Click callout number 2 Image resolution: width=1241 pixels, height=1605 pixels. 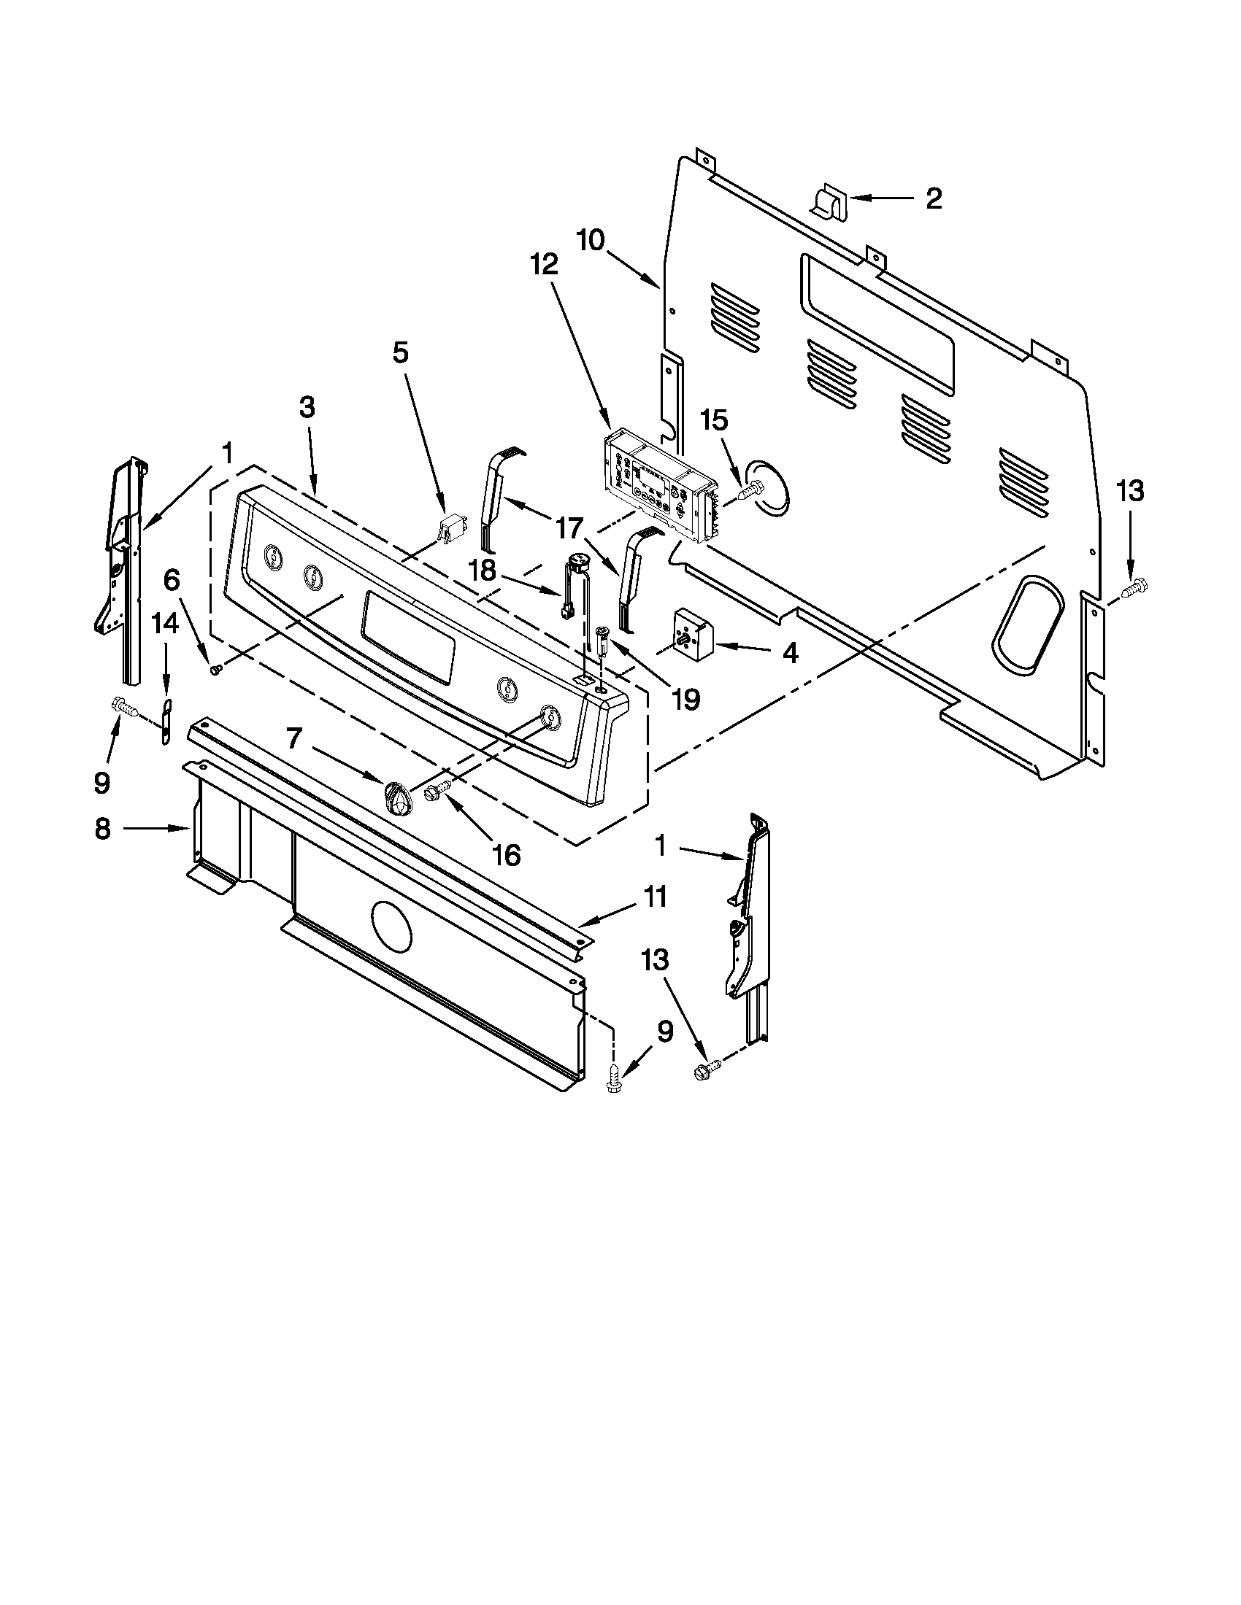pyautogui.click(x=933, y=198)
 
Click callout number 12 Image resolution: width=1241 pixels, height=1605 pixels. pyautogui.click(x=545, y=265)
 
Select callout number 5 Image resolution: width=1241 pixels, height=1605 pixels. pyautogui.click(x=399, y=353)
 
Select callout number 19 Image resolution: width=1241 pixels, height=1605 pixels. pyautogui.click(x=685, y=699)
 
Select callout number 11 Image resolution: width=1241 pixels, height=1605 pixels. pyautogui.click(x=655, y=897)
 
